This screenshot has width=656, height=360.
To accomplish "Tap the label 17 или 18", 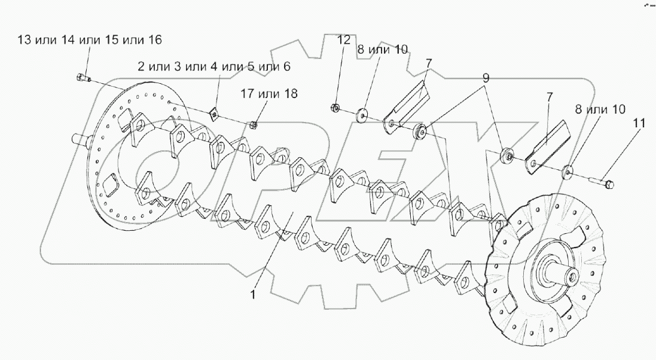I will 269,94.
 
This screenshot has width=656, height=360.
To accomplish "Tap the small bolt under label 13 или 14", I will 83,77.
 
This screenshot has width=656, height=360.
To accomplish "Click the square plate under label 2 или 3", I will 213,113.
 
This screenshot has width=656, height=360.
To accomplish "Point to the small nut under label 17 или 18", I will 253,124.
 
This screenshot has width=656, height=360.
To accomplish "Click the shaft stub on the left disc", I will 78,139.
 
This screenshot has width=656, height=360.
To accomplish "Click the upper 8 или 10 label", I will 383,50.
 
